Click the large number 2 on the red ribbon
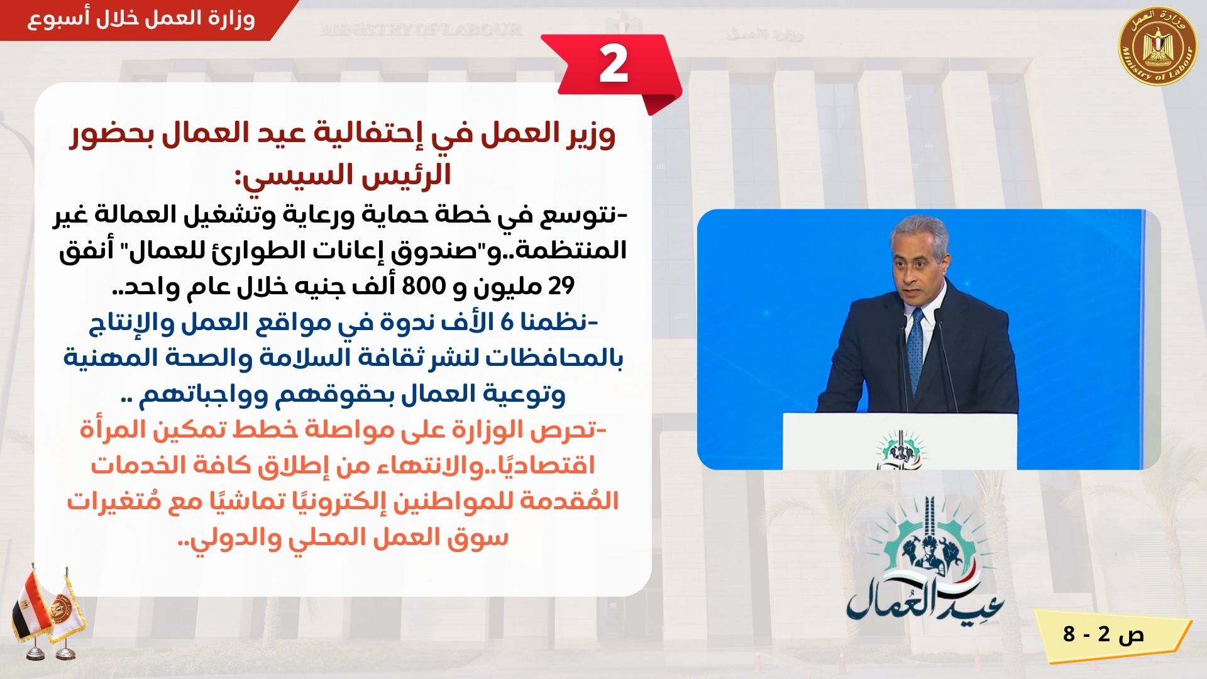click(x=613, y=65)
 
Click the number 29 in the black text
click(x=561, y=287)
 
